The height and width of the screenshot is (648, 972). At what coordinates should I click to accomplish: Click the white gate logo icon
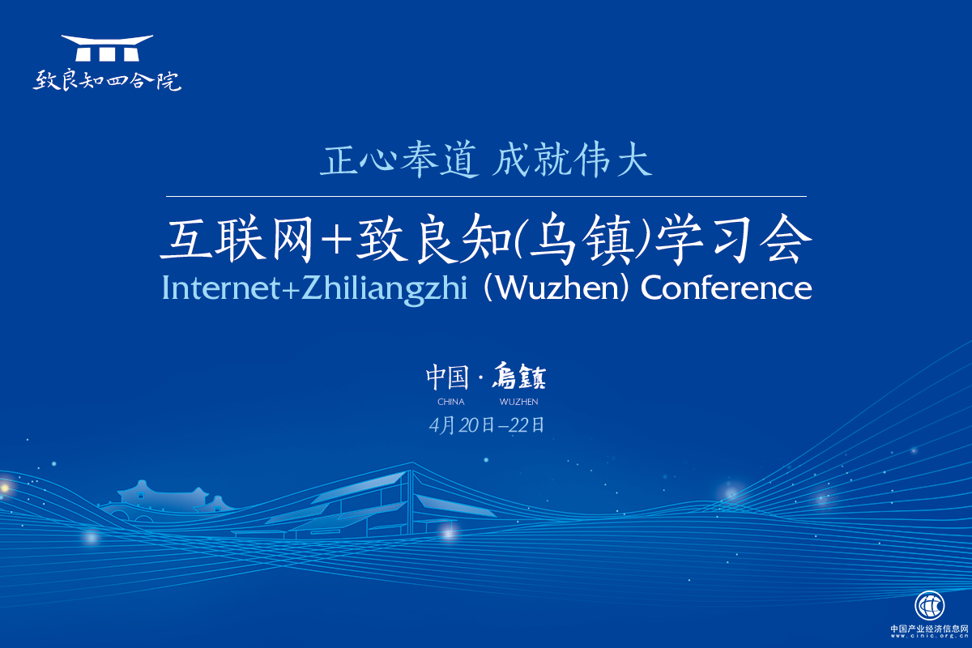(107, 48)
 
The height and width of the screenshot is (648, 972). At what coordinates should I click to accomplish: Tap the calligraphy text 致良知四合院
(107, 81)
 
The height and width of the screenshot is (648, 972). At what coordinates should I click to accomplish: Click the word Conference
(727, 288)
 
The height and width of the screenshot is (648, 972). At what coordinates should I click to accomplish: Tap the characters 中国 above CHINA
(448, 377)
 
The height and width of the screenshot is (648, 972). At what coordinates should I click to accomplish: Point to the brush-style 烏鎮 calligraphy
(518, 377)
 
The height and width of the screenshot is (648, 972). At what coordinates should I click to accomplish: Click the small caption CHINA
(450, 402)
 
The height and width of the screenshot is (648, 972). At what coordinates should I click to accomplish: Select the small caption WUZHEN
(518, 402)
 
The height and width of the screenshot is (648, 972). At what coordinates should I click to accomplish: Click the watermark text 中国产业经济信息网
(929, 629)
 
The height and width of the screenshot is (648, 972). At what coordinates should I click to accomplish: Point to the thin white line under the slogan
(486, 197)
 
